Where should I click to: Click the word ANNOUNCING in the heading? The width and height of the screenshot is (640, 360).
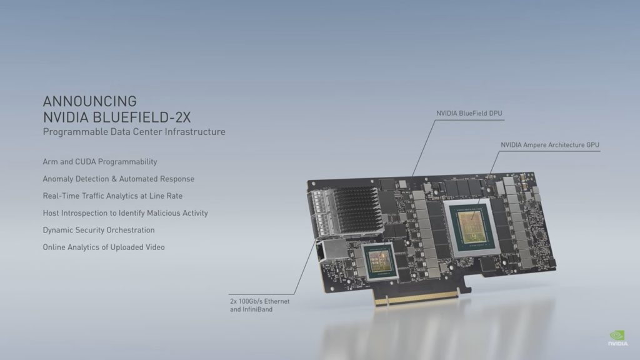pyautogui.click(x=89, y=101)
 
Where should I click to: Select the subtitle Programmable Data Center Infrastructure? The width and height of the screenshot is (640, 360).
pyautogui.click(x=134, y=132)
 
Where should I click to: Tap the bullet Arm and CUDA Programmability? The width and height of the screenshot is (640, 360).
pyautogui.click(x=99, y=162)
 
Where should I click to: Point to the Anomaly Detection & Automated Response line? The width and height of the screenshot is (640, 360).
pyautogui.click(x=118, y=179)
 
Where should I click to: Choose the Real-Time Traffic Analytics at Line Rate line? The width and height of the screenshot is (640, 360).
pyautogui.click(x=112, y=196)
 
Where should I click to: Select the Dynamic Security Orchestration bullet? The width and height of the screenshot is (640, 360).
pyautogui.click(x=98, y=230)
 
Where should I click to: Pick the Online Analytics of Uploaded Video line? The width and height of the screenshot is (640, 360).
pyautogui.click(x=103, y=247)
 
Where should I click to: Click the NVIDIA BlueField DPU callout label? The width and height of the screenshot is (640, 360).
pyautogui.click(x=469, y=113)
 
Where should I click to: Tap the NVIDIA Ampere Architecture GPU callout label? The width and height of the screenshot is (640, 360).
pyautogui.click(x=549, y=145)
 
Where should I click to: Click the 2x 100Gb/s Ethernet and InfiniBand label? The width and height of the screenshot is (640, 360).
pyautogui.click(x=259, y=305)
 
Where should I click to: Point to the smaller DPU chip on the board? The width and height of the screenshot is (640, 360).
pyautogui.click(x=379, y=261)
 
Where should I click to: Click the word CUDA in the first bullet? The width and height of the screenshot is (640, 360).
pyautogui.click(x=85, y=162)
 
